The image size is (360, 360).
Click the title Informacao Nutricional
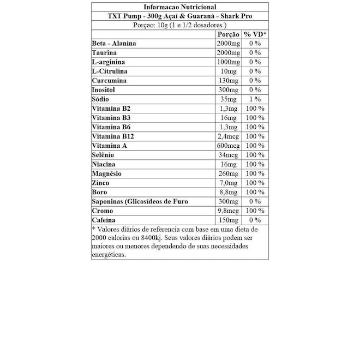(179, 7)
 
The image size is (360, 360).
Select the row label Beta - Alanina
(114, 44)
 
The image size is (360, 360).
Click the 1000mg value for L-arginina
(228, 62)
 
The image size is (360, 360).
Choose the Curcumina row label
(109, 81)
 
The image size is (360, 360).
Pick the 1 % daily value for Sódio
(255, 99)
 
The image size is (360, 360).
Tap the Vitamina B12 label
(111, 136)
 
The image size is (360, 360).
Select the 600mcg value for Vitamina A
(229, 146)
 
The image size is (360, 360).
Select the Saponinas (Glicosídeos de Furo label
(140, 201)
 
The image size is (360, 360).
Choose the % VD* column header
(255, 34)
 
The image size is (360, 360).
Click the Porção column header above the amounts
(229, 34)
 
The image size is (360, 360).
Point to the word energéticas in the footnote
(109, 254)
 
